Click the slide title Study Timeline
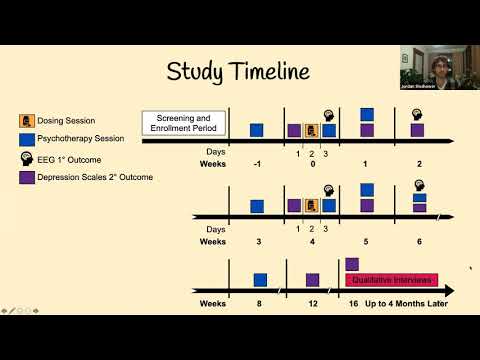click(238, 71)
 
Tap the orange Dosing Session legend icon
click(26, 122)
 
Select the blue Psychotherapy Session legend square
click(26, 140)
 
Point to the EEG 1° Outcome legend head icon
click(26, 159)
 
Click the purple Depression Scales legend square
click(26, 177)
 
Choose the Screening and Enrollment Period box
click(184, 124)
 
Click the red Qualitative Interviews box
click(386, 280)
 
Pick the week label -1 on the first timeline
click(257, 164)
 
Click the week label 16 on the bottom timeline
click(352, 302)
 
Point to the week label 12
click(312, 302)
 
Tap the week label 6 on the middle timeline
click(419, 241)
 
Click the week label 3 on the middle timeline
click(257, 241)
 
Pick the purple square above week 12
click(312, 280)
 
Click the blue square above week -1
click(257, 130)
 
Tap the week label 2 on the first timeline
click(419, 164)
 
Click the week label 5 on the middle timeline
click(366, 241)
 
